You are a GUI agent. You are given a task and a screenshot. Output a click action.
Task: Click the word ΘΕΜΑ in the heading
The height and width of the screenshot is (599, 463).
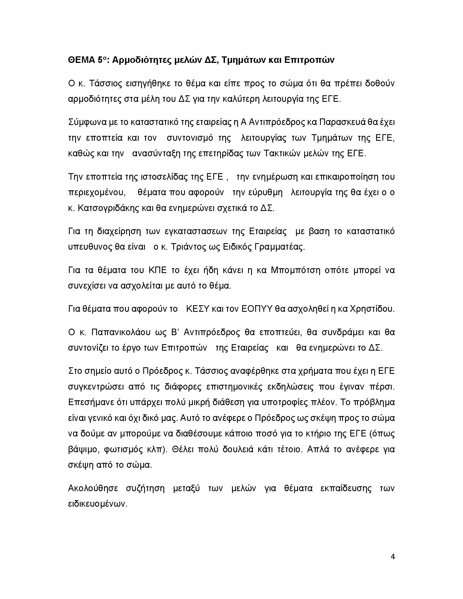pyautogui.click(x=81, y=60)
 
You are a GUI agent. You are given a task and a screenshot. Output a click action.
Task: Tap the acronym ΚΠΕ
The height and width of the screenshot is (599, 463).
pyautogui.click(x=157, y=270)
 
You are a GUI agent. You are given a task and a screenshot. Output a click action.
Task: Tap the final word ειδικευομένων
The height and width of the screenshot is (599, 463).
pyautogui.click(x=98, y=504)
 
